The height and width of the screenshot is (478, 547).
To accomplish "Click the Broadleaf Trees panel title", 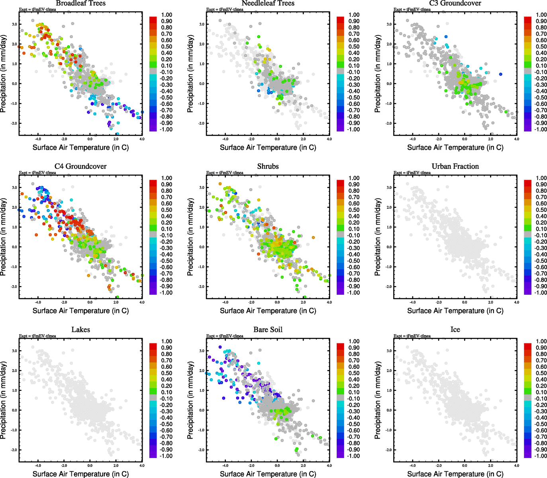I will pyautogui.click(x=80, y=3).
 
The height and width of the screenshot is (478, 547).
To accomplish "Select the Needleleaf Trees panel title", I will pyautogui.click(x=268, y=3).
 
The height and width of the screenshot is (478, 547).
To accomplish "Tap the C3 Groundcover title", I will pyautogui.click(x=455, y=3).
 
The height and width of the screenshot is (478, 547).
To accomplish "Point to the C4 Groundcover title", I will pyautogui.click(x=80, y=166).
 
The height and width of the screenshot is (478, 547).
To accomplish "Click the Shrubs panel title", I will pyautogui.click(x=268, y=166).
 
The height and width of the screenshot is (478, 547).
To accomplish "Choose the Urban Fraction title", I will pyautogui.click(x=455, y=166).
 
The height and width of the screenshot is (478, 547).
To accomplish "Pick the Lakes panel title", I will pyautogui.click(x=80, y=329).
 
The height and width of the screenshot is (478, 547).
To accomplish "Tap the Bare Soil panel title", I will pyautogui.click(x=268, y=329).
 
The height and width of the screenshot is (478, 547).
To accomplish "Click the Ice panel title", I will pyautogui.click(x=455, y=329).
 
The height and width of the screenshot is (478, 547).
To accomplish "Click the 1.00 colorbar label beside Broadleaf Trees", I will pyautogui.click(x=167, y=15).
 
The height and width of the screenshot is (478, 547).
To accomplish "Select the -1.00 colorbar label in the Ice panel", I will pyautogui.click(x=540, y=456).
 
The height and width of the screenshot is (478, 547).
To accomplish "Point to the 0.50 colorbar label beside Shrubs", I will pyautogui.click(x=354, y=210).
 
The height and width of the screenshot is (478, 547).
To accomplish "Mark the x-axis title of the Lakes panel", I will pyautogui.click(x=80, y=474).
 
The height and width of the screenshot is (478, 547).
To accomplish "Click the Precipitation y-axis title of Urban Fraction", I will pyautogui.click(x=378, y=237).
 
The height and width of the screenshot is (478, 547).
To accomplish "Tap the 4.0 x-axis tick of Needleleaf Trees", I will pyautogui.click(x=329, y=139).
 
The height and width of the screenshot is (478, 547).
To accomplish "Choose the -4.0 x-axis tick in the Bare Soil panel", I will pyautogui.click(x=225, y=465).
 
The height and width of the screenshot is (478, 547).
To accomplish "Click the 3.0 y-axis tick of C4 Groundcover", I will pyautogui.click(x=14, y=188).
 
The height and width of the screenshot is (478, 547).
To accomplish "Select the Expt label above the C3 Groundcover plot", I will pyautogui.click(x=412, y=10).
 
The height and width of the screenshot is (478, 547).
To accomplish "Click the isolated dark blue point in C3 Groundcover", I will pyautogui.click(x=500, y=74).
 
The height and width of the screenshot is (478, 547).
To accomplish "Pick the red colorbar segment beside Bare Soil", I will pyautogui.click(x=340, y=346).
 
